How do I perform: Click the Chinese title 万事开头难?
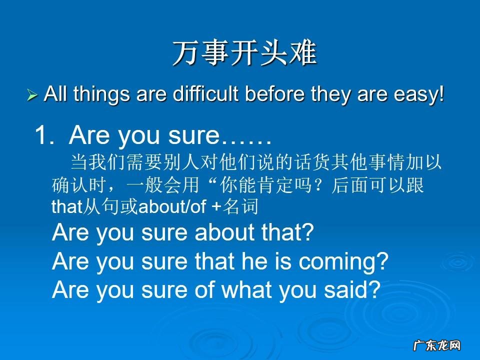[x=245, y=53]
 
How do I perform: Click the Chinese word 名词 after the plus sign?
[x=242, y=207]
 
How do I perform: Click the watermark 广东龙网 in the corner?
[x=436, y=345]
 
